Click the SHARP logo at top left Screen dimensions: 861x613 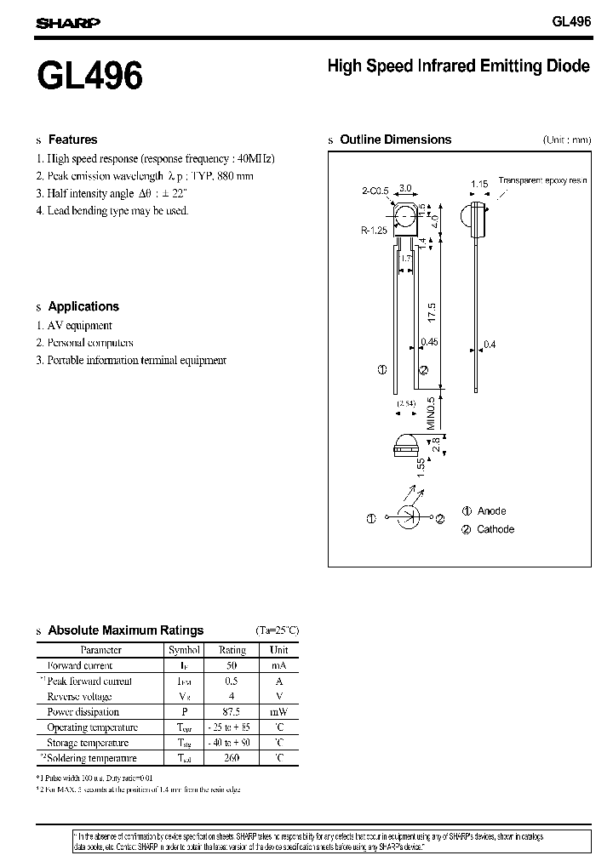pyautogui.click(x=68, y=24)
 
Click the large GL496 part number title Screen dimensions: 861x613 pyautogui.click(x=89, y=77)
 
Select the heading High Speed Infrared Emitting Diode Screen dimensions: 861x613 pyautogui.click(x=458, y=66)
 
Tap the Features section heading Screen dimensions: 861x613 pyautogui.click(x=72, y=140)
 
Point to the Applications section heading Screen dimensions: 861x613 pyautogui.click(x=83, y=306)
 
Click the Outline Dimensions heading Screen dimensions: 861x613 pyautogui.click(x=395, y=140)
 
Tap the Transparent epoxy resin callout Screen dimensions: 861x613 pyautogui.click(x=542, y=180)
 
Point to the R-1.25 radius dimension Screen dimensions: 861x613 pyautogui.click(x=374, y=230)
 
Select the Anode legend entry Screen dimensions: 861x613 pyautogui.click(x=491, y=510)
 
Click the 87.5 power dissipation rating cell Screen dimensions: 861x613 pyautogui.click(x=232, y=712)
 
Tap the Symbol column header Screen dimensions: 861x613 pyautogui.click(x=184, y=650)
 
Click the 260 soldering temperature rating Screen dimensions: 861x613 pyautogui.click(x=232, y=758)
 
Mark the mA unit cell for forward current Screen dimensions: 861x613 pyautogui.click(x=279, y=665)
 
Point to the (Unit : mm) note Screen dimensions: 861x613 pyautogui.click(x=566, y=140)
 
